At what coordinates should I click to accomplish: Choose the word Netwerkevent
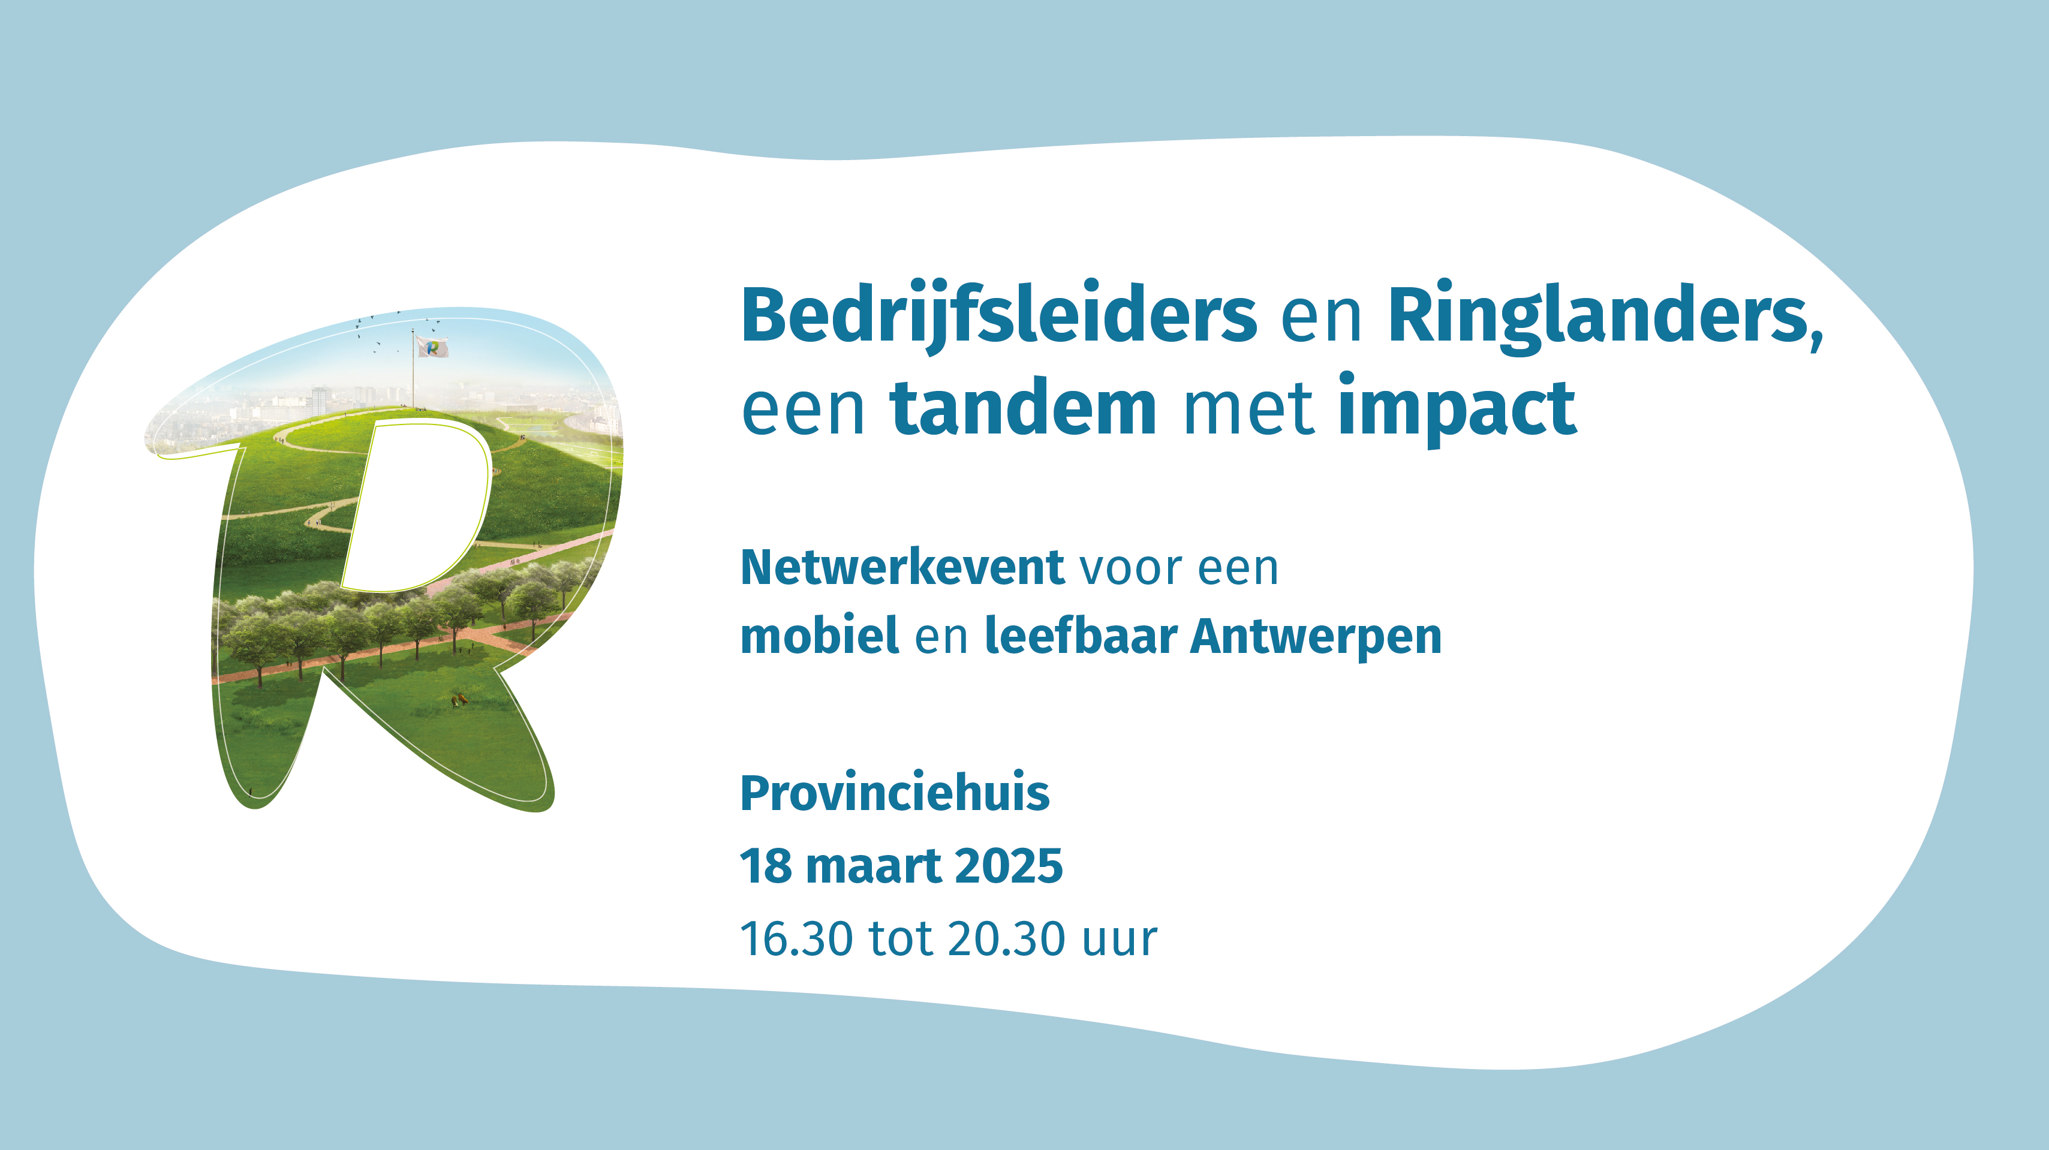(902, 567)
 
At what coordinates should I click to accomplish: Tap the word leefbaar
(1081, 636)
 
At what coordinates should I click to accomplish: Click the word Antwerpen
(1316, 637)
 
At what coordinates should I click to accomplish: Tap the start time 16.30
(796, 939)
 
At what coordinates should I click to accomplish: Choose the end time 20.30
(1006, 939)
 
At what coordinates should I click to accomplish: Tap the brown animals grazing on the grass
(459, 700)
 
